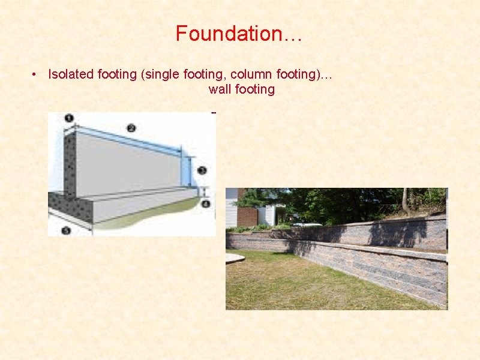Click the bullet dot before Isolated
click(36, 74)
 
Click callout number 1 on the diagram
click(69, 118)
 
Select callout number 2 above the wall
click(131, 128)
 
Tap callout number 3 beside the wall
click(202, 170)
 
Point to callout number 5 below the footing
click(66, 230)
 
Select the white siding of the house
click(231, 210)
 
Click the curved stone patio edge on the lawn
click(235, 259)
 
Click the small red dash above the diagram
click(214, 112)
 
